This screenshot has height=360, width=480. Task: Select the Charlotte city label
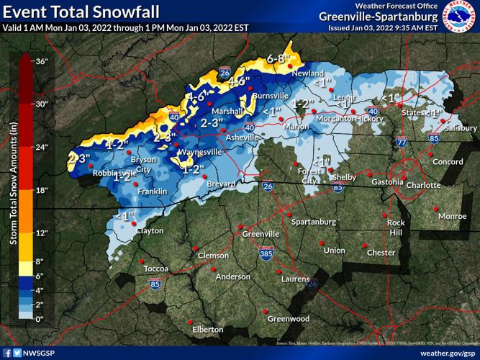coord(423,185)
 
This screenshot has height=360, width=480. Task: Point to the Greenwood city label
coord(289,319)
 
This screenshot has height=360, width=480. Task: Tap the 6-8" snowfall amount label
coord(278,58)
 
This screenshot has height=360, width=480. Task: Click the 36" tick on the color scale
coord(41,61)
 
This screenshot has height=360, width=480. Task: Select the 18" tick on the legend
coord(41,190)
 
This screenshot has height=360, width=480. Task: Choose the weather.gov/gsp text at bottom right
coord(447,353)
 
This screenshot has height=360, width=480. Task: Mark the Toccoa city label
coord(156,269)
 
